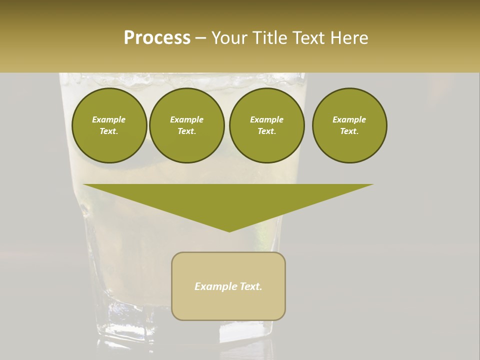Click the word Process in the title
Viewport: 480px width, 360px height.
(x=157, y=37)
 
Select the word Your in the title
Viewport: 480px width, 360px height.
(x=229, y=37)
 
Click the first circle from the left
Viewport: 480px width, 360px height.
(x=109, y=125)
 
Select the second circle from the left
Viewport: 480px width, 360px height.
(x=186, y=125)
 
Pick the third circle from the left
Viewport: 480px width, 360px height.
(x=266, y=125)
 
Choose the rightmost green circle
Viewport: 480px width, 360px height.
(x=349, y=125)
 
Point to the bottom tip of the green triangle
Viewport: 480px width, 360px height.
(x=229, y=231)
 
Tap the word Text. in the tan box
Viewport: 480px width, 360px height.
(x=250, y=286)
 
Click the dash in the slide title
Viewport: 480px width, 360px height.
(x=200, y=38)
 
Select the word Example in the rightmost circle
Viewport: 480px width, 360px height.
(x=349, y=119)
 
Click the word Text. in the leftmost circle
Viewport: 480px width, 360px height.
(x=109, y=131)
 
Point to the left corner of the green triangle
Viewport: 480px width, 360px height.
(x=84, y=184)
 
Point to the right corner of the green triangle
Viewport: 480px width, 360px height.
(x=372, y=184)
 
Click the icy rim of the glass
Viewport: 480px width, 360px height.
(x=180, y=80)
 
